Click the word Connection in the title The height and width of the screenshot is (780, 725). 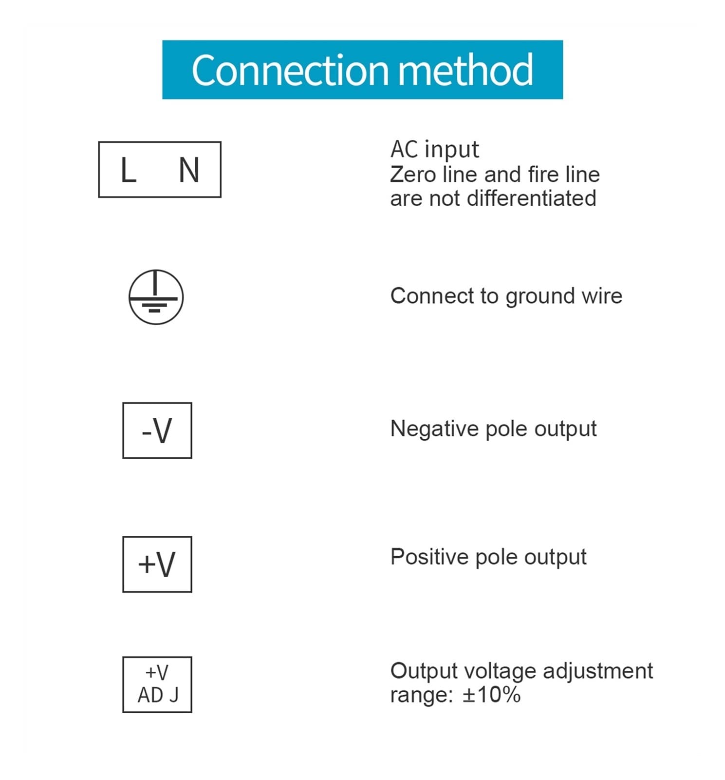[290, 70]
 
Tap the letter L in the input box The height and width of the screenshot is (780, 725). [128, 170]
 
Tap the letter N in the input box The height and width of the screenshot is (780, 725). [189, 170]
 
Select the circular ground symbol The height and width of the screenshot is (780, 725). [156, 297]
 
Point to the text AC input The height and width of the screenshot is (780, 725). [434, 149]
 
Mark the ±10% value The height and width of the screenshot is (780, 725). [491, 695]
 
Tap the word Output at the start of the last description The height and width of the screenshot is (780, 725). [424, 671]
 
